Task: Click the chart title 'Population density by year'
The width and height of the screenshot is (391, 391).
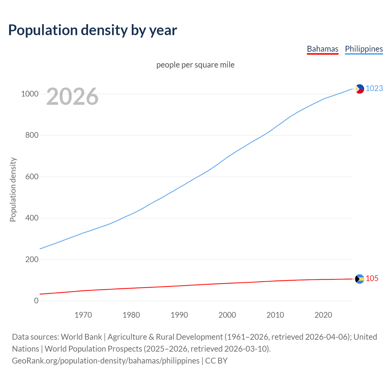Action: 93,30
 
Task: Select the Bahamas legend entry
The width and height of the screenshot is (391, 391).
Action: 323,49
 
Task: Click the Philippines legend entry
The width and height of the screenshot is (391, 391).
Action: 364,49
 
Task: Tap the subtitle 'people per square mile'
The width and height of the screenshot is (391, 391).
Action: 195,65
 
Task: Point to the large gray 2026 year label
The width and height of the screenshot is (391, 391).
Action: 72,97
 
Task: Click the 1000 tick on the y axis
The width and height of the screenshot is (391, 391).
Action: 30,94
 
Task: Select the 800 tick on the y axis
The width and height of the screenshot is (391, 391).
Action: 32,135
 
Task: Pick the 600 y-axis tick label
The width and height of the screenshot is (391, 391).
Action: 32,177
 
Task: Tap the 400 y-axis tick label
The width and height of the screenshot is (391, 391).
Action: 32,218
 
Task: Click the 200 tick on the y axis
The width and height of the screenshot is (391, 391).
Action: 32,259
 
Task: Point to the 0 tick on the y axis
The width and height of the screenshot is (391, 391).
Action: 36,301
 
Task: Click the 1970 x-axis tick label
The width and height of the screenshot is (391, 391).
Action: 83,315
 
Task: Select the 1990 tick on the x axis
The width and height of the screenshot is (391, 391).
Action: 179,315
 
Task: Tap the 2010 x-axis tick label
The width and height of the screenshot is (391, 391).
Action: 275,315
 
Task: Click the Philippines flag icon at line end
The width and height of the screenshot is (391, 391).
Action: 360,89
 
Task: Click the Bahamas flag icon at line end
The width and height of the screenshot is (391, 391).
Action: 360,279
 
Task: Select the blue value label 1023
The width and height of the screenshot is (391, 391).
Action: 374,88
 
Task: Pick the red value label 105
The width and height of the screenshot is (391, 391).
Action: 372,278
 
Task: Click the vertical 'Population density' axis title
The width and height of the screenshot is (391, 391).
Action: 13,189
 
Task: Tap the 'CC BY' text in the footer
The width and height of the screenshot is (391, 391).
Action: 216,361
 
